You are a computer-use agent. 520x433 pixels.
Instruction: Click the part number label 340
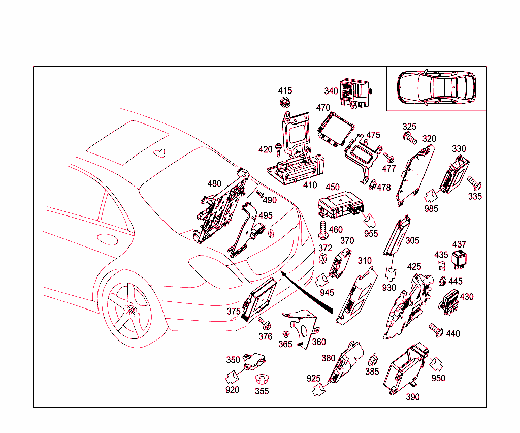(331, 91)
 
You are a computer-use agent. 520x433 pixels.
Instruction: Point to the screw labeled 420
(279, 148)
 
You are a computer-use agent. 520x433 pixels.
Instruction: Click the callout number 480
(214, 183)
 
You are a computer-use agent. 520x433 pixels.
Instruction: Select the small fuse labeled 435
(441, 265)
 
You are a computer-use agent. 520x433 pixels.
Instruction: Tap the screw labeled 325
(409, 137)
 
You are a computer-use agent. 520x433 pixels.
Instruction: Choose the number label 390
(412, 397)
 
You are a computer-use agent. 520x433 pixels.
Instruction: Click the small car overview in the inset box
(436, 87)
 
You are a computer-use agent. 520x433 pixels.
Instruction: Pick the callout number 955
(371, 234)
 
